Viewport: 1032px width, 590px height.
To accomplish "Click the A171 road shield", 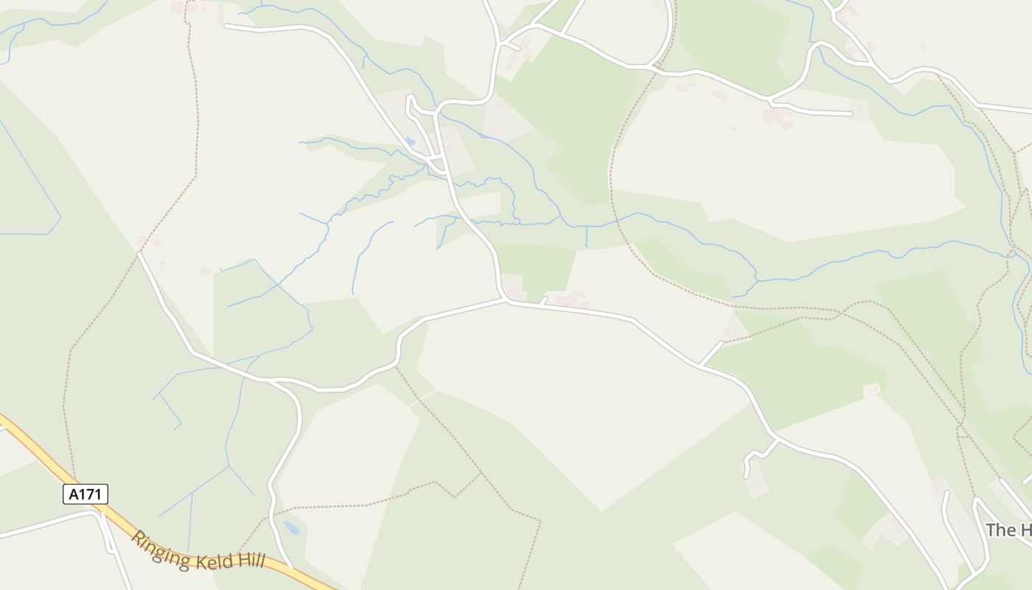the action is pyautogui.click(x=86, y=494).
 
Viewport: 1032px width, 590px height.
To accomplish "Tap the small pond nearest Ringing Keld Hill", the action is pyautogui.click(x=292, y=528).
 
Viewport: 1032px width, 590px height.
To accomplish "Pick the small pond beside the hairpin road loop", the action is pyautogui.click(x=410, y=140).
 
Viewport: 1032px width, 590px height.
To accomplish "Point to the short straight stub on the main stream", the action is pyautogui.click(x=586, y=236).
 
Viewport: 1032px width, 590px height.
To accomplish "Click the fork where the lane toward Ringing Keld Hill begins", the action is pyautogui.click(x=273, y=381).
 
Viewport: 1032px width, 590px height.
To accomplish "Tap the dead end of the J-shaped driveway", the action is pyautogui.click(x=747, y=476).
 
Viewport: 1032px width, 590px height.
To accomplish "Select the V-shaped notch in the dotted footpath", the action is pyautogui.click(x=455, y=495).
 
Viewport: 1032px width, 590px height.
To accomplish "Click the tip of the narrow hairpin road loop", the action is pyautogui.click(x=409, y=97).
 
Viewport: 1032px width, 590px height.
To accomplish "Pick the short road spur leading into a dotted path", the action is pyautogui.click(x=711, y=353).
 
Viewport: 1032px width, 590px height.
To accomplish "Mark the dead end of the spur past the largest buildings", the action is pyautogui.click(x=851, y=114).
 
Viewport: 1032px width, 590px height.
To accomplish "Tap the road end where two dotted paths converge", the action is pyautogui.click(x=139, y=253).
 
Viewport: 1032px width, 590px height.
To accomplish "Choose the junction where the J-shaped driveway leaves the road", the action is pyautogui.click(x=778, y=440).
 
